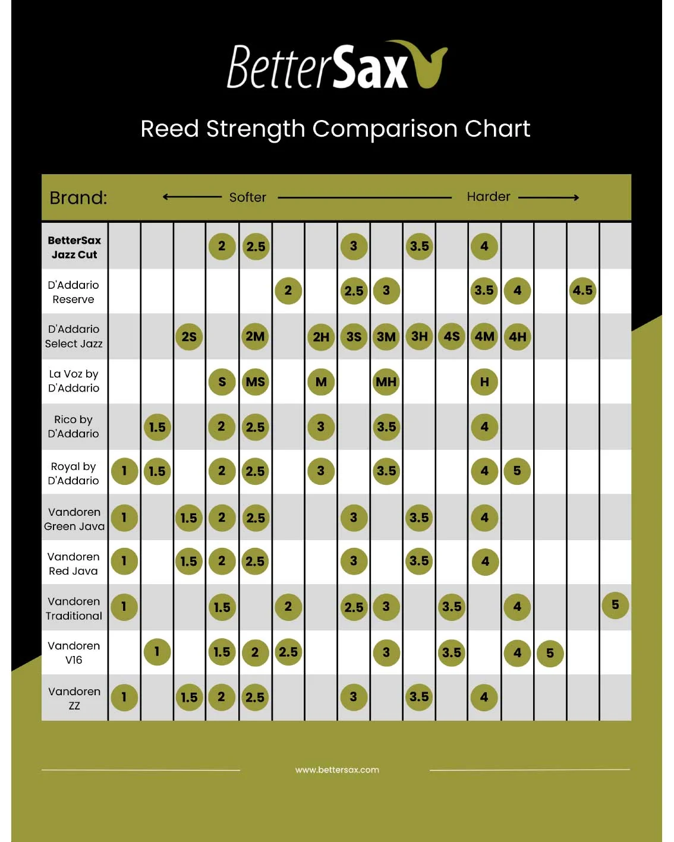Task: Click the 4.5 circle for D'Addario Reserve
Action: coord(582,291)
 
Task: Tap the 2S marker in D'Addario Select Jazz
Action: coord(189,336)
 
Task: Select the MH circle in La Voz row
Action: coord(386,381)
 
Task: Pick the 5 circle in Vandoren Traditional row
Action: coord(615,605)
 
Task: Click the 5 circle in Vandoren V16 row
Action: coord(550,652)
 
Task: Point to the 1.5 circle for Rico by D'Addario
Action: coord(158,427)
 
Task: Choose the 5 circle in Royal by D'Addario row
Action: coord(517,471)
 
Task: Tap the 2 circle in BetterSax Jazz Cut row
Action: coord(222,246)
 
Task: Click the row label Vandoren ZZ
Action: coord(74,698)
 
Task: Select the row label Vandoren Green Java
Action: coord(74,519)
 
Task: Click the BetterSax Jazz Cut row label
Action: coord(74,247)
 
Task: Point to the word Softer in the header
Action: coord(247,197)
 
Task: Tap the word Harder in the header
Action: coord(489,197)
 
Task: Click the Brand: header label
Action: coord(78,198)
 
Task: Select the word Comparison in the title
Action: coord(385,129)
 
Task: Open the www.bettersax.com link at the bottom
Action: coord(337,770)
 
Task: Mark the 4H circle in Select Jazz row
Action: coord(517,336)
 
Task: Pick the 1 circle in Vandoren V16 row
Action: coord(157,651)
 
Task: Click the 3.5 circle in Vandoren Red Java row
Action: coord(419,561)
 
